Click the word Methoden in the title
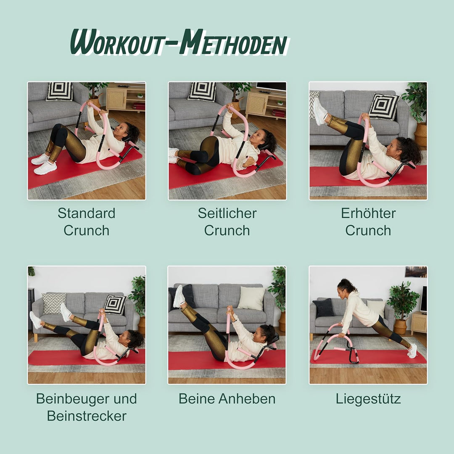[x=233, y=42]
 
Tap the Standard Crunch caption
[x=87, y=222]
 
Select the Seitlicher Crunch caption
[x=227, y=222]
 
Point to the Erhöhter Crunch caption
[x=368, y=222]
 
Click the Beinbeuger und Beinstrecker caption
[x=87, y=407]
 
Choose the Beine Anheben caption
[x=227, y=399]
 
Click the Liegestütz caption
[x=368, y=399]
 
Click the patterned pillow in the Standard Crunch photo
[x=59, y=91]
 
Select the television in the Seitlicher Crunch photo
[x=271, y=87]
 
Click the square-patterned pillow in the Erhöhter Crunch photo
[x=383, y=106]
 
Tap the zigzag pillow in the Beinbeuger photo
[x=54, y=303]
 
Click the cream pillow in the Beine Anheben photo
[x=251, y=298]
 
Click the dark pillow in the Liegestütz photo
[x=323, y=307]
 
